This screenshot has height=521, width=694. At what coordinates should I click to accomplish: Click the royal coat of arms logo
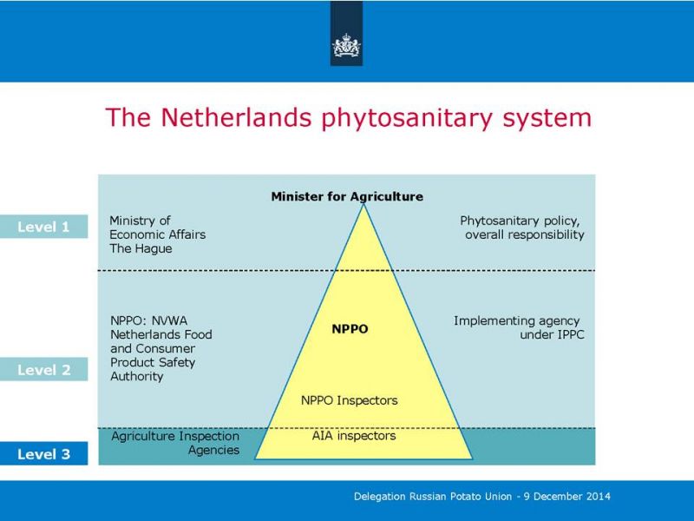click(x=346, y=46)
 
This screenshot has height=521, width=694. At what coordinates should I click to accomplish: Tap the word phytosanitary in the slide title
click(x=407, y=118)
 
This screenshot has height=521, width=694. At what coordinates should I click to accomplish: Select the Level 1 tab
click(x=44, y=227)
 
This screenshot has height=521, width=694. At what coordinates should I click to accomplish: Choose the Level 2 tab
click(x=44, y=370)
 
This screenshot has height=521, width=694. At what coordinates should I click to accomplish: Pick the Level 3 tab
click(x=44, y=453)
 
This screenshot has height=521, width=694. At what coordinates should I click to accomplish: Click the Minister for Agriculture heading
click(x=347, y=196)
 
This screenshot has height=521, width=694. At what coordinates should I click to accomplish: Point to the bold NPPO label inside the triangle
click(x=350, y=329)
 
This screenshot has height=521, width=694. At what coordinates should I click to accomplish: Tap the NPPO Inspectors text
click(x=350, y=400)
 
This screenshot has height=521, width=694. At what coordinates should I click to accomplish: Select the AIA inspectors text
click(x=354, y=436)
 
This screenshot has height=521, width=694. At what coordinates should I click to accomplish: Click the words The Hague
click(x=141, y=248)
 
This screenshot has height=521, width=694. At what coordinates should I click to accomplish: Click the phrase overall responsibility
click(x=525, y=234)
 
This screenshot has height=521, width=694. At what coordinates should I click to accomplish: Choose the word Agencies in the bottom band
click(x=213, y=450)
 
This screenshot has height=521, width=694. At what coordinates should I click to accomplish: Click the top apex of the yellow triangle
click(x=363, y=204)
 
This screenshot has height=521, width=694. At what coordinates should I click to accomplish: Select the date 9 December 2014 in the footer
click(x=567, y=496)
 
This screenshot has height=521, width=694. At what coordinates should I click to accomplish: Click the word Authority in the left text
click(x=137, y=377)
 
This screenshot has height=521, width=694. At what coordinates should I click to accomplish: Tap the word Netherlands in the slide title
click(x=236, y=117)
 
